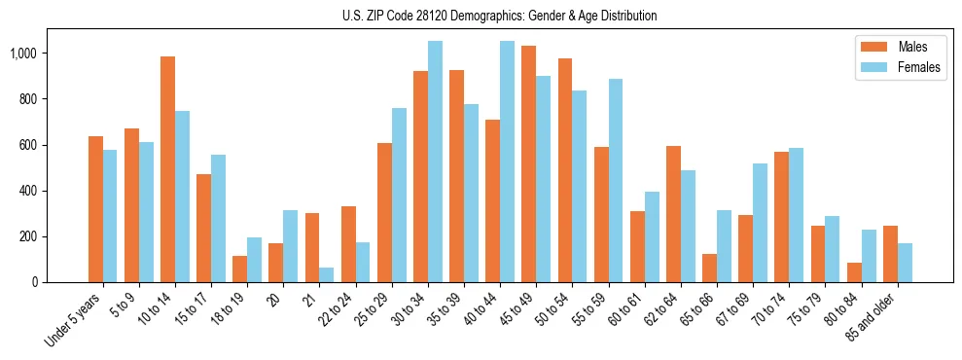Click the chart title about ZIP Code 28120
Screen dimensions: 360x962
(x=500, y=16)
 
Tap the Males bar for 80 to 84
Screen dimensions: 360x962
(x=854, y=272)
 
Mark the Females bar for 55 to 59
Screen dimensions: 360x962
(x=616, y=181)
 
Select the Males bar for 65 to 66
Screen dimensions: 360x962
(x=710, y=268)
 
